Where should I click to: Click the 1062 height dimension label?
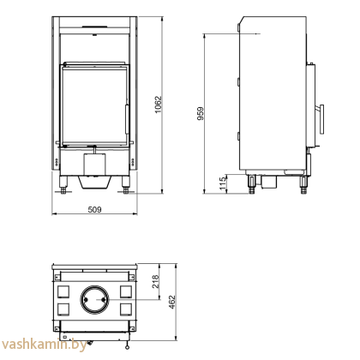point(159,104)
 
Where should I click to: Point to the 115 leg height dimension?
point(222,182)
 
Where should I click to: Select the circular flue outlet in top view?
point(94,301)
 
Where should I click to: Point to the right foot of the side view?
point(303,182)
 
